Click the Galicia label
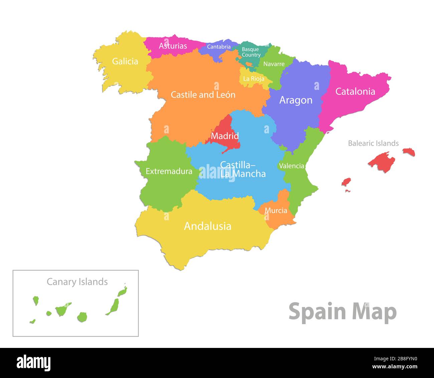click(x=125, y=61)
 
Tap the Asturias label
click(x=173, y=46)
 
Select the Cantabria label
click(x=219, y=47)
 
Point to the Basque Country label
click(x=251, y=52)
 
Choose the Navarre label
click(x=274, y=64)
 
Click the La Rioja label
click(x=253, y=79)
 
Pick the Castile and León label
click(x=203, y=95)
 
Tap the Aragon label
click(x=296, y=100)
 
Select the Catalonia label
click(x=355, y=91)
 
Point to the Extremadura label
click(x=169, y=171)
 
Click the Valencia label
click(x=291, y=166)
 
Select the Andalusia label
click(x=208, y=226)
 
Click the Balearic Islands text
click(x=373, y=143)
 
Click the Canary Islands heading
click(x=77, y=282)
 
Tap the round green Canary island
click(x=82, y=317)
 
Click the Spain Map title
click(x=343, y=312)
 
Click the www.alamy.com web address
click(x=395, y=367)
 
